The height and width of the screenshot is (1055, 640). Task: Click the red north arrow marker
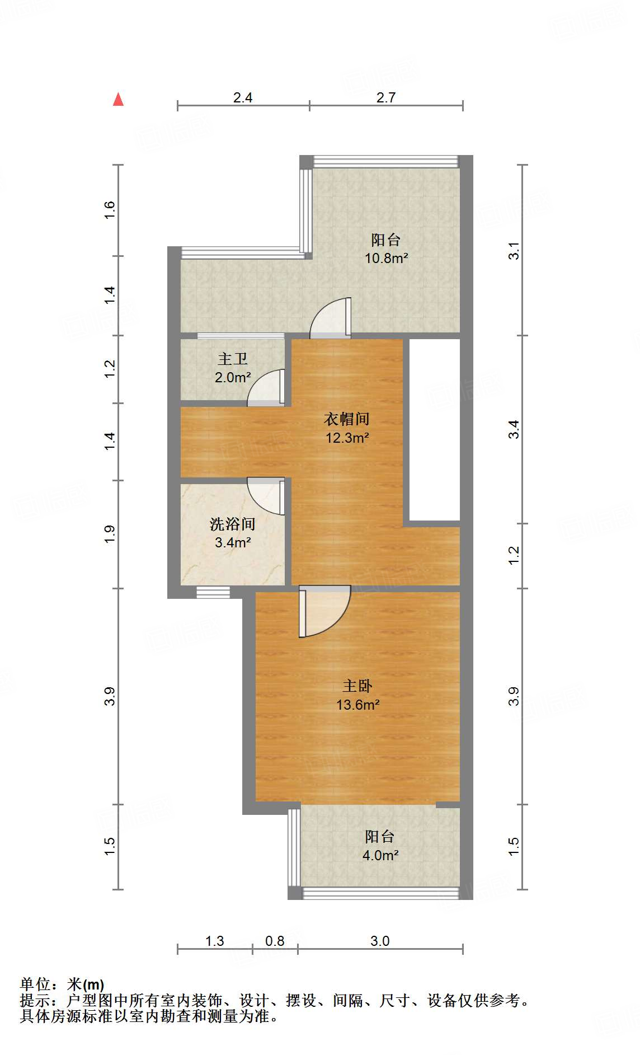(x=118, y=100)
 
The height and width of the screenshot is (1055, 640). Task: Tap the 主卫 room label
(x=232, y=359)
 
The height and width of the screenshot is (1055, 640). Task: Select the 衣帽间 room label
(x=347, y=419)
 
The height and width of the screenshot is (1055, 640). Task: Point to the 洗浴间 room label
(x=232, y=524)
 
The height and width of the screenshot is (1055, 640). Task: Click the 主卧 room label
(x=357, y=686)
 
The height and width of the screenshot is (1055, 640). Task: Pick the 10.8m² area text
(x=386, y=259)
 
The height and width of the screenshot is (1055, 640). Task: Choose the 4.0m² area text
(x=380, y=855)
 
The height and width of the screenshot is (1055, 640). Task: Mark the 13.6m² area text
(x=357, y=705)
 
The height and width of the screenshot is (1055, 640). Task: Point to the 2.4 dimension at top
(x=243, y=97)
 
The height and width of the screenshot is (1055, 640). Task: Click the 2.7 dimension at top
(x=386, y=97)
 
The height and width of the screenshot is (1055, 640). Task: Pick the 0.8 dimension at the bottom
(x=275, y=941)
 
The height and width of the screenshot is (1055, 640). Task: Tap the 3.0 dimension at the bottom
(x=380, y=941)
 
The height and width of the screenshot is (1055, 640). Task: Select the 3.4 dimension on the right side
(x=514, y=429)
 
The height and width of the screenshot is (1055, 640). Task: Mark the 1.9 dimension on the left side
(x=110, y=534)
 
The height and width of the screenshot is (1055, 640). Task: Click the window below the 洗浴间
(x=213, y=592)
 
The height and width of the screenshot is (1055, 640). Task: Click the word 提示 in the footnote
(x=35, y=1000)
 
